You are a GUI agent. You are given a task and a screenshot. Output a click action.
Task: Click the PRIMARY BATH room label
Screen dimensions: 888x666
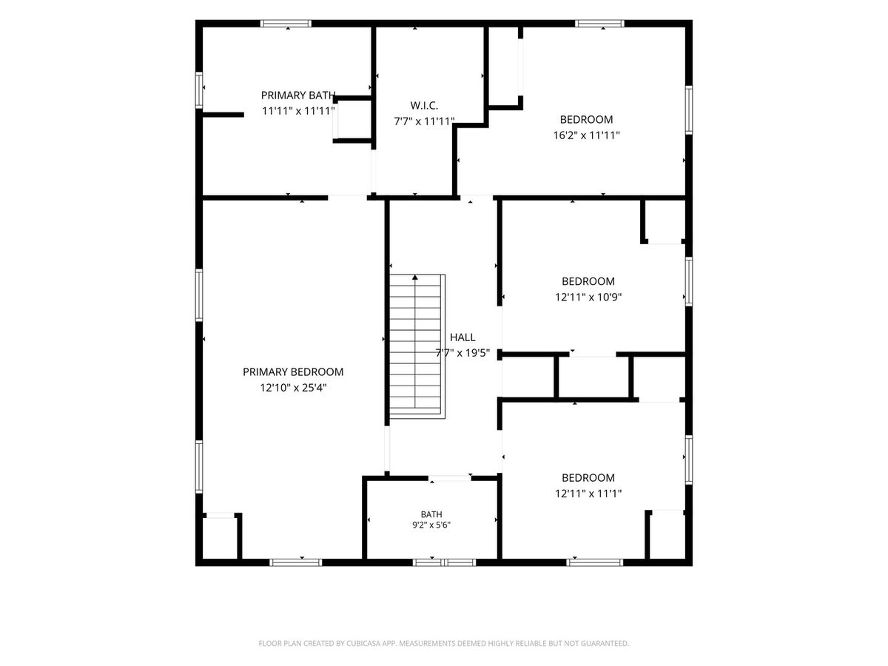tap(297, 95)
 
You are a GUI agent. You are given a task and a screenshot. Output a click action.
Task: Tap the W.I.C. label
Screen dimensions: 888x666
tap(424, 106)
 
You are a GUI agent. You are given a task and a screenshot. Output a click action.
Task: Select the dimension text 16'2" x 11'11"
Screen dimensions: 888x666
tap(586, 135)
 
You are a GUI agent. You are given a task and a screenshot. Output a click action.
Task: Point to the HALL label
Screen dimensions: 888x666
tap(462, 337)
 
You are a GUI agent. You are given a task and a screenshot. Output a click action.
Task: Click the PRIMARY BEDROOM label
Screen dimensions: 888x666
tap(293, 372)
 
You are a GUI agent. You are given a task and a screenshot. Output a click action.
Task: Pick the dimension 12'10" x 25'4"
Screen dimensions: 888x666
tap(293, 388)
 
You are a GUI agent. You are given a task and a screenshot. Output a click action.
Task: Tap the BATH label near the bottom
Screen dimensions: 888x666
tap(431, 514)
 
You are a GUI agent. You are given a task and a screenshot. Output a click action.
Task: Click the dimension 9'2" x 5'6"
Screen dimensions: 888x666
tap(431, 525)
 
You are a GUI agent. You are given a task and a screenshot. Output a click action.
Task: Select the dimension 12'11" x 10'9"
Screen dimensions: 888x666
tap(588, 297)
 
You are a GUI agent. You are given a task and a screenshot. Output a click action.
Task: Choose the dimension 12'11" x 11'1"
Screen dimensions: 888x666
tap(588, 494)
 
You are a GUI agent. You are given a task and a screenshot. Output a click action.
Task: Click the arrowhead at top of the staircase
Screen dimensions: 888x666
tap(415, 277)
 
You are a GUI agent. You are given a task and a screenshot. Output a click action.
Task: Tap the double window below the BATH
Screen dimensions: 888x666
tap(444, 562)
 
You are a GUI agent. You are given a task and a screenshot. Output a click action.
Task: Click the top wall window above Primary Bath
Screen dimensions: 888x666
tap(286, 24)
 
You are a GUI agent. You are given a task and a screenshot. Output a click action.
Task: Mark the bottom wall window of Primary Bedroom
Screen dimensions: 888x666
tap(296, 562)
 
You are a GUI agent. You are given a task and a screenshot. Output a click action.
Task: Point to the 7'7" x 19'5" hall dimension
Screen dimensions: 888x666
tap(462, 353)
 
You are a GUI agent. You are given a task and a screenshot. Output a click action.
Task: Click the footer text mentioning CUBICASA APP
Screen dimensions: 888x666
tap(443, 643)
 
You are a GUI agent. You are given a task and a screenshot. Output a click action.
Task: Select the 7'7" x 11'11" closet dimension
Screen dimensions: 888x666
tap(424, 121)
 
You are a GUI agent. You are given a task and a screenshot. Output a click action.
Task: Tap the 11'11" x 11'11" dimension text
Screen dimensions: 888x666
tap(297, 111)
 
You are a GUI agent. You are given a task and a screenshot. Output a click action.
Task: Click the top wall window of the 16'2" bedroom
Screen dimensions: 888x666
tap(599, 24)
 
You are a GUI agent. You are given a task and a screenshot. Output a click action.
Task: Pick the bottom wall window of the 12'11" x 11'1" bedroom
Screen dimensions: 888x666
tap(595, 562)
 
